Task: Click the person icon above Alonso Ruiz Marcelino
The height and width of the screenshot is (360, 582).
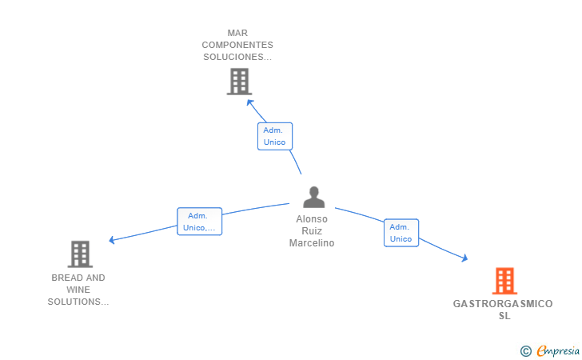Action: click(x=313, y=197)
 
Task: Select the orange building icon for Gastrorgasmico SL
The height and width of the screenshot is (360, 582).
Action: click(x=504, y=281)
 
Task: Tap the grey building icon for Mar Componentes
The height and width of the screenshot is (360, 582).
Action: click(x=239, y=82)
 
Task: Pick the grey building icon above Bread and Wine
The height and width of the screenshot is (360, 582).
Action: click(x=80, y=254)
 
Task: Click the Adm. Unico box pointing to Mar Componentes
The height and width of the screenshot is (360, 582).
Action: click(x=275, y=136)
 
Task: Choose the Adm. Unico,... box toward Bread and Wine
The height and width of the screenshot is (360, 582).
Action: click(x=200, y=222)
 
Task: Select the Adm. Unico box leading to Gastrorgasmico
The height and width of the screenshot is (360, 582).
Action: click(x=401, y=233)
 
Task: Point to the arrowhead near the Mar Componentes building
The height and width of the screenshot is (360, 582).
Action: click(x=250, y=102)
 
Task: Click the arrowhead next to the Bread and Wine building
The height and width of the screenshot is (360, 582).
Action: click(x=111, y=240)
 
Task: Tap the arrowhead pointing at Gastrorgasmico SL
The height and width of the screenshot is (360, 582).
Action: click(x=464, y=258)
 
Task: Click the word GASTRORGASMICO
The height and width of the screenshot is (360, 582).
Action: click(x=503, y=304)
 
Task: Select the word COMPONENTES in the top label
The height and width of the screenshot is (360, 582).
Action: click(x=237, y=45)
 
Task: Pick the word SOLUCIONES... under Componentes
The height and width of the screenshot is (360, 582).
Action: click(x=237, y=58)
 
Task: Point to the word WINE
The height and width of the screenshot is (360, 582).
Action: click(x=78, y=290)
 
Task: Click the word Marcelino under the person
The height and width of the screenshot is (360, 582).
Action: click(x=312, y=243)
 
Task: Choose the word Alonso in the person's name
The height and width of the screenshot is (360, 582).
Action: click(x=312, y=219)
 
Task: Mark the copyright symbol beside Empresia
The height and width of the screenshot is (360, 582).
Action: click(x=526, y=351)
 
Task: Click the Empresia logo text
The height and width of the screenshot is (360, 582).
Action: click(x=558, y=350)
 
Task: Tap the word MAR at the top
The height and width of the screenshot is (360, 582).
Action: click(x=237, y=33)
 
